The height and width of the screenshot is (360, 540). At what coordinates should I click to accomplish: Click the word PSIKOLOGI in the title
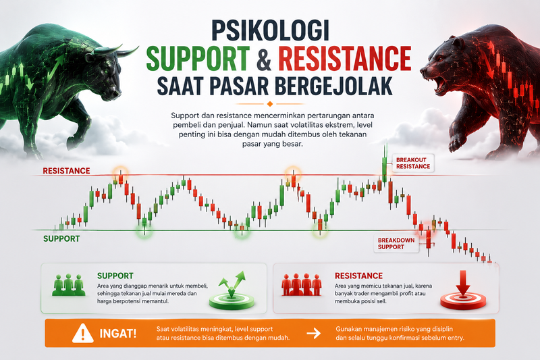click(x=270, y=30)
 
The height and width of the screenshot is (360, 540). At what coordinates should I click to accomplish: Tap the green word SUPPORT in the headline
click(x=198, y=58)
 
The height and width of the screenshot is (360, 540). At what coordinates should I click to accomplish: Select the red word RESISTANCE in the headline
click(x=345, y=58)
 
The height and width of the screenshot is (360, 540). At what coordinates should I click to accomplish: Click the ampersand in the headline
click(x=263, y=59)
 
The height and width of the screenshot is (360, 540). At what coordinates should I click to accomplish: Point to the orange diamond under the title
click(x=270, y=104)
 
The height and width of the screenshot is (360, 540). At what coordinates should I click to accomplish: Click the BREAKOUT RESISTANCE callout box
click(x=413, y=163)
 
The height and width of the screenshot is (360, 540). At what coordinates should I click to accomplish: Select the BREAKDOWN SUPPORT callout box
click(x=396, y=244)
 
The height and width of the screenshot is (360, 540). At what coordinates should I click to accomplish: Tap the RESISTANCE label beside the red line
click(x=66, y=171)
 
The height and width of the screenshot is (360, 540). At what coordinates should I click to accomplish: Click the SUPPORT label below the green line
click(x=61, y=238)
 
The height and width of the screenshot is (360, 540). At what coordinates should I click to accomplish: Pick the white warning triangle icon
click(x=82, y=334)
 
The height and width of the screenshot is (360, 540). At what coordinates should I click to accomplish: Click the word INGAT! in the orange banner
click(x=117, y=334)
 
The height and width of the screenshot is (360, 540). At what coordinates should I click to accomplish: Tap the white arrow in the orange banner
click(x=314, y=333)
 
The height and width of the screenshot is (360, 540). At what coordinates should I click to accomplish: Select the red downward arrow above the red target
click(x=463, y=282)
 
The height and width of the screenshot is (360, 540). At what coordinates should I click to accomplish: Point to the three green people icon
click(x=69, y=285)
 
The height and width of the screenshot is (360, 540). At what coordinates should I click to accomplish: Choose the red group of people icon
click(x=302, y=285)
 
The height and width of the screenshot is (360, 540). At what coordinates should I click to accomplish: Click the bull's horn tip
click(x=138, y=47)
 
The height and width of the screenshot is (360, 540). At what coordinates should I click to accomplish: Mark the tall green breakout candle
click(x=384, y=170)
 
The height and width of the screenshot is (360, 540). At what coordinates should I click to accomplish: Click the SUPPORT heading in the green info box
click(x=115, y=276)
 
